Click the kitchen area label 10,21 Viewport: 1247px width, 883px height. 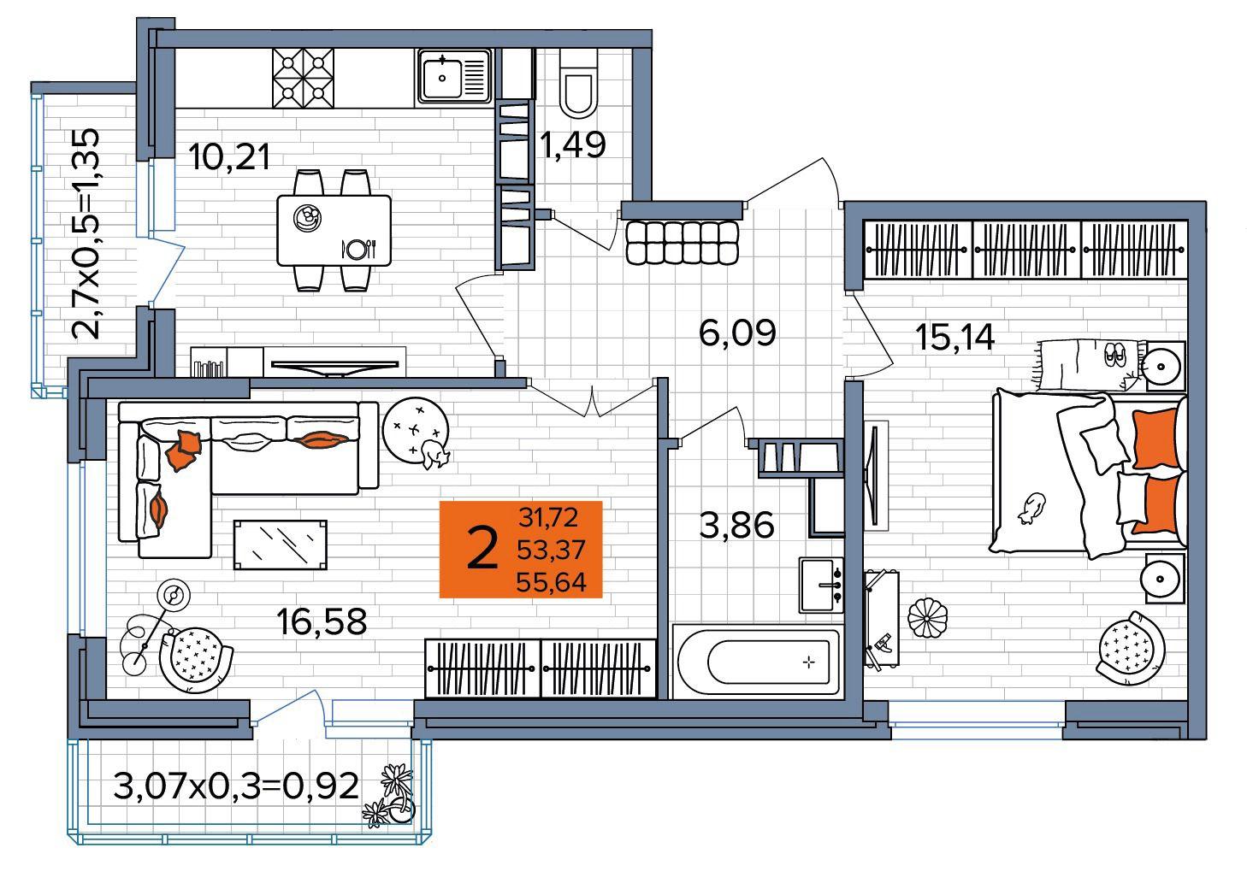[229, 156]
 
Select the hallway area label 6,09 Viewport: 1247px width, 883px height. [737, 333]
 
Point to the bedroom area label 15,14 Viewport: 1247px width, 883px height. [954, 337]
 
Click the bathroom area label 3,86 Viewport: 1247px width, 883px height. [736, 525]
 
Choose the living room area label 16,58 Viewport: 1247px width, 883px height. [322, 621]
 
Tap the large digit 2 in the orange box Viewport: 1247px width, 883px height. [482, 549]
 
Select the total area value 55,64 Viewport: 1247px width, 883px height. [551, 582]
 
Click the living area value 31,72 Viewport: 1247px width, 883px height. [548, 517]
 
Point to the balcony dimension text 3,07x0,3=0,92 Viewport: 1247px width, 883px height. [236, 786]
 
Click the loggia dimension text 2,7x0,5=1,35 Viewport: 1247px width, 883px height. [86, 233]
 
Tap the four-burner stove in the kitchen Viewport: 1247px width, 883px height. [304, 77]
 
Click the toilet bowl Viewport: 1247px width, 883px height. [578, 84]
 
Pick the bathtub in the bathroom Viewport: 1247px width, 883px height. [756, 661]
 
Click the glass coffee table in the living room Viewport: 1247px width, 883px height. [280, 545]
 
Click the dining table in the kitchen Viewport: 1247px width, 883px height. [334, 230]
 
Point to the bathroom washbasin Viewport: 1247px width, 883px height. [820, 585]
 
